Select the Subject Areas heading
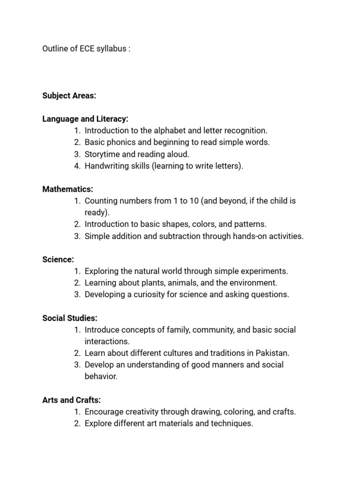pos(69,96)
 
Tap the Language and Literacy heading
pos(85,119)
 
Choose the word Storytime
pos(103,154)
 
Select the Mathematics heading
pos(67,189)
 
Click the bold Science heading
pos(58,260)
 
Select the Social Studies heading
pos(70,318)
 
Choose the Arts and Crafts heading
pos(71,400)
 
